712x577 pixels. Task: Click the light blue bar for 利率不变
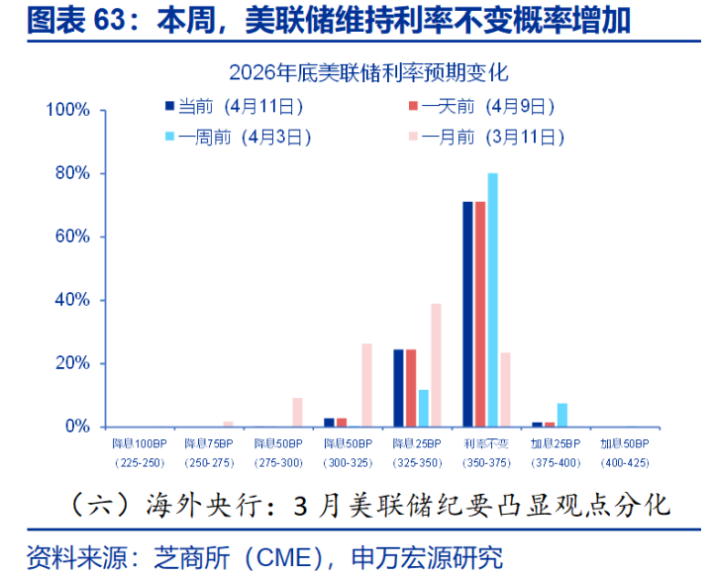pos(493,300)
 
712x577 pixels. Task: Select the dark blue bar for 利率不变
pos(468,314)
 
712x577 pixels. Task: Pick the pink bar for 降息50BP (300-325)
pos(366,385)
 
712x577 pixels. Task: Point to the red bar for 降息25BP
pos(411,388)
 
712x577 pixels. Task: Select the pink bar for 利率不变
pos(505,389)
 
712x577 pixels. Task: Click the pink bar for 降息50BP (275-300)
pos(297,412)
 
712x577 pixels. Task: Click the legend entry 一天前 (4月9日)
pos(481,106)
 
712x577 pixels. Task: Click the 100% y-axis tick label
pos(71,110)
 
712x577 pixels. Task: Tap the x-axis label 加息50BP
pos(624,444)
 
